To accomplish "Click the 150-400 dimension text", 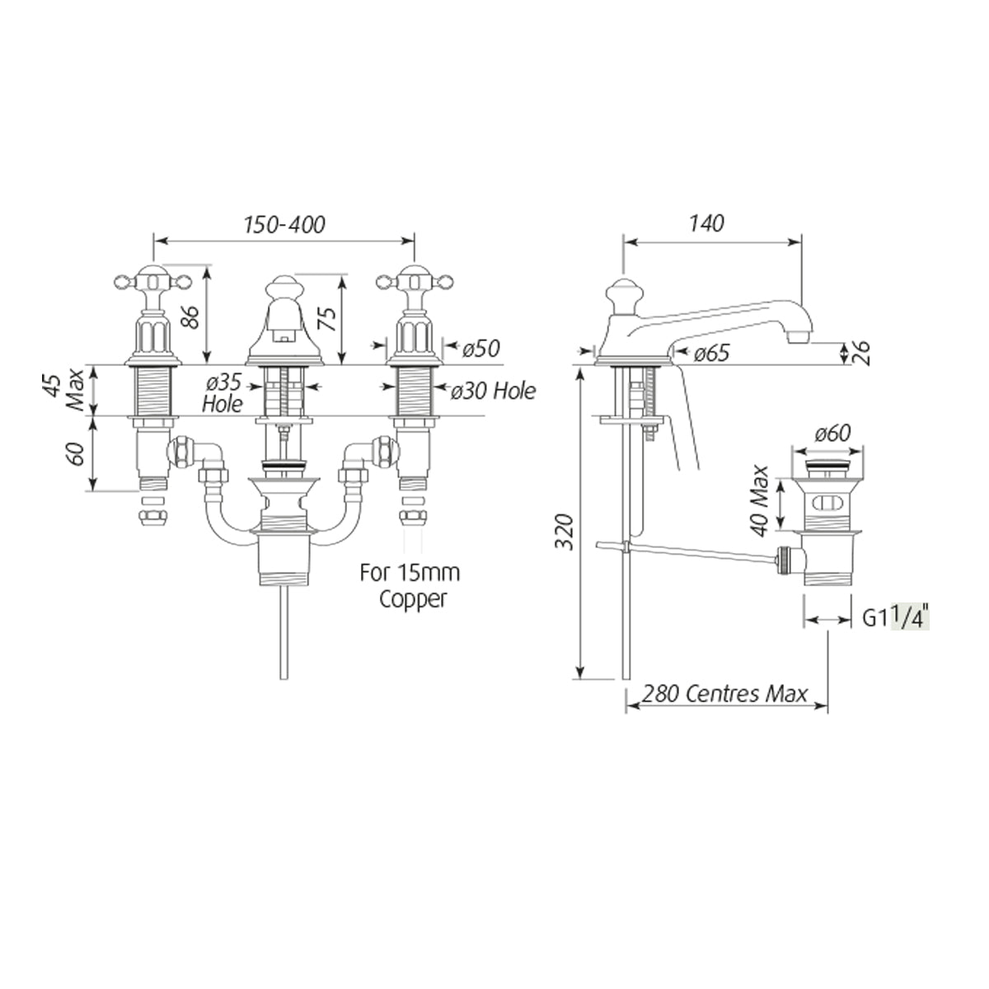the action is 284,225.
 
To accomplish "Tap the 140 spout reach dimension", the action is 706,223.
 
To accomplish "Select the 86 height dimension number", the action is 190,317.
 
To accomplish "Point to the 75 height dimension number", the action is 328,318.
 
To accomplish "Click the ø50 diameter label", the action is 480,349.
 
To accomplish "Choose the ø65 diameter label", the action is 711,354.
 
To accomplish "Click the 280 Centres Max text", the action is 724,694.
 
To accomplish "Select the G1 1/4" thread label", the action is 896,618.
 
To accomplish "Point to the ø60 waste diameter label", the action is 833,434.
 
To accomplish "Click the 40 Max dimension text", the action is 759,500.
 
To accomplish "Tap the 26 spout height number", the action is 862,353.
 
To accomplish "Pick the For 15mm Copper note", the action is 410,586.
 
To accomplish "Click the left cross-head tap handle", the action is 152,281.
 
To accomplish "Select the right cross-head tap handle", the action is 415,281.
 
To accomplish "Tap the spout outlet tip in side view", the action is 798,337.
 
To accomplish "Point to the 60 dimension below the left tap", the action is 77,453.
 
